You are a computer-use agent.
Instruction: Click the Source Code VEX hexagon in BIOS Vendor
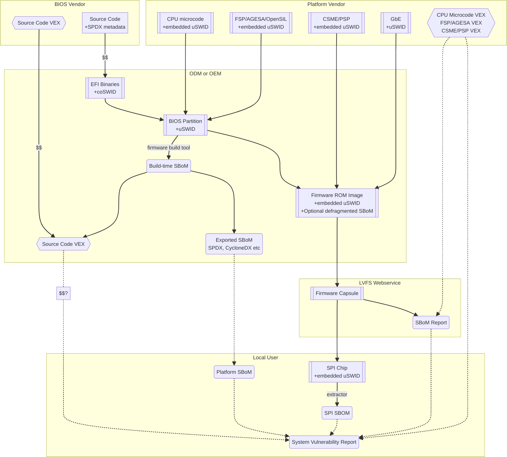click(x=39, y=23)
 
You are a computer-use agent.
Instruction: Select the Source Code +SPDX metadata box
click(x=105, y=23)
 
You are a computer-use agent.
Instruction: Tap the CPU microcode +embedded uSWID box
click(x=185, y=23)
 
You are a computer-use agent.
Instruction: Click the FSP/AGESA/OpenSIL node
click(x=261, y=23)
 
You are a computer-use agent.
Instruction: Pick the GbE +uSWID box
click(x=396, y=23)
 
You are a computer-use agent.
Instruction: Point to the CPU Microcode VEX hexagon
click(x=461, y=23)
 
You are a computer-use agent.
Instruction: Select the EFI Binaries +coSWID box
click(x=105, y=88)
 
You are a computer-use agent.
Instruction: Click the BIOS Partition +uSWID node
click(x=185, y=125)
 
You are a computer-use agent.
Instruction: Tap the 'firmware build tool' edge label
click(x=169, y=148)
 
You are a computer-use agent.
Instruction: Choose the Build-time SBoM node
click(x=169, y=166)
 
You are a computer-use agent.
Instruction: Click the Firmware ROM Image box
click(x=337, y=203)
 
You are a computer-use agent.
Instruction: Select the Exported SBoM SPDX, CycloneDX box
click(x=234, y=244)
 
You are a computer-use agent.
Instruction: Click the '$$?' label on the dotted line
click(x=63, y=293)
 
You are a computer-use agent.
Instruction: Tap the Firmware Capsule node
click(x=337, y=293)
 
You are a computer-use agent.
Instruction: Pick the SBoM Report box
click(x=431, y=323)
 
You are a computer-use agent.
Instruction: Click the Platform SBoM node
click(x=234, y=372)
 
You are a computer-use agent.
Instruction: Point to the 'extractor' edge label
click(x=337, y=395)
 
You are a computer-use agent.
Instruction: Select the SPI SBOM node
click(x=337, y=413)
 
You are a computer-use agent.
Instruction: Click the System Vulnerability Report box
click(x=324, y=442)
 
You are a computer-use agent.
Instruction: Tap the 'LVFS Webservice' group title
click(x=379, y=283)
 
